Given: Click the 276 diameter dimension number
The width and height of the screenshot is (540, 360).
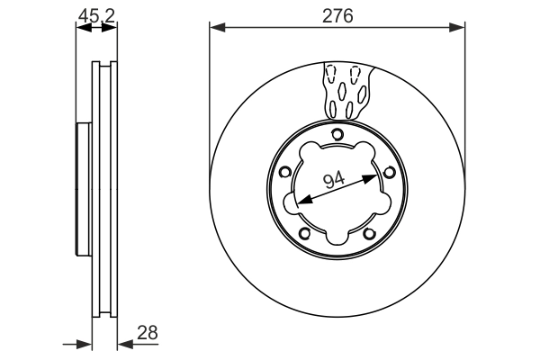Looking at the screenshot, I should click(x=337, y=15).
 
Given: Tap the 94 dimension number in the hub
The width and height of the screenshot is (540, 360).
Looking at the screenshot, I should click(x=335, y=180).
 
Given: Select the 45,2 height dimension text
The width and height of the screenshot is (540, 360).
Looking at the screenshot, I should click(x=94, y=15).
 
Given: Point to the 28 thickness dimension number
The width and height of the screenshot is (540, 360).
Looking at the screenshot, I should click(x=148, y=332).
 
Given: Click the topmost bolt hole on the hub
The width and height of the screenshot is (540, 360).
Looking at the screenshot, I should click(x=337, y=135).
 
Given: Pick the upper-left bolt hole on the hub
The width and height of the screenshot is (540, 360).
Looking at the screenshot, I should click(x=285, y=173).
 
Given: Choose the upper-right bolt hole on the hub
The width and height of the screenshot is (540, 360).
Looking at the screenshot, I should click(x=389, y=173).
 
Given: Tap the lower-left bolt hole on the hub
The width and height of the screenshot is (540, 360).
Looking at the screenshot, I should click(x=305, y=233).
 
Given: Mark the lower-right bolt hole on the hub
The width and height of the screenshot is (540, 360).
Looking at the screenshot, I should click(x=369, y=233).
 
